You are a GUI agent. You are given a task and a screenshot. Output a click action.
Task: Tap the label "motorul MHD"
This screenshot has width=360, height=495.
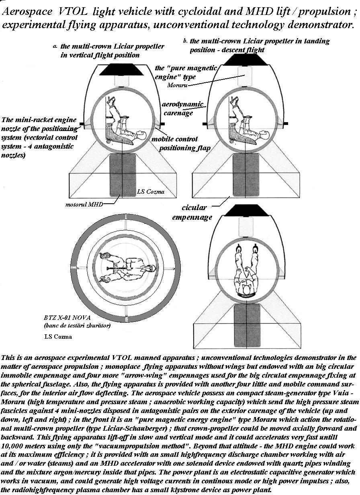[x=84, y=205]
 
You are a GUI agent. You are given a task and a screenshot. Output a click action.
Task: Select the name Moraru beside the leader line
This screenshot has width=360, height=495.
[x=177, y=85]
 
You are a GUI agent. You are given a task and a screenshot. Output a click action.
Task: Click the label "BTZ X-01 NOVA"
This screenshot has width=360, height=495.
[x=67, y=318]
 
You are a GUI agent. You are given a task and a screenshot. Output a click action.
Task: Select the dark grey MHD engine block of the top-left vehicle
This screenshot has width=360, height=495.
[x=121, y=176]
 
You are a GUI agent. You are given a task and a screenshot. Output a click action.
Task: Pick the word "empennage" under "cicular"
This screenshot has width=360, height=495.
[x=192, y=217]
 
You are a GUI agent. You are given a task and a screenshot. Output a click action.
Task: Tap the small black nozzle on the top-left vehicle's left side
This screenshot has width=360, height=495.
[x=82, y=124]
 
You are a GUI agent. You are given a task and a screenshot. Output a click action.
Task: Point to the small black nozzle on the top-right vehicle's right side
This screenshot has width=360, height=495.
[x=286, y=123]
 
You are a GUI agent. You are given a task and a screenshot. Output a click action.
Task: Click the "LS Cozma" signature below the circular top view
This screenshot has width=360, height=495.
[x=58, y=337]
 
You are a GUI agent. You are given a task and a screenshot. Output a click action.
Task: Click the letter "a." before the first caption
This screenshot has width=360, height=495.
[x=55, y=47]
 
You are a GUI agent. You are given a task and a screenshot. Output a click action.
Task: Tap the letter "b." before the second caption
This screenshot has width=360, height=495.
[x=185, y=41]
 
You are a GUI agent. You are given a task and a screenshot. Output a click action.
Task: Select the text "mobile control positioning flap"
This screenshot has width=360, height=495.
[x=181, y=144]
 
